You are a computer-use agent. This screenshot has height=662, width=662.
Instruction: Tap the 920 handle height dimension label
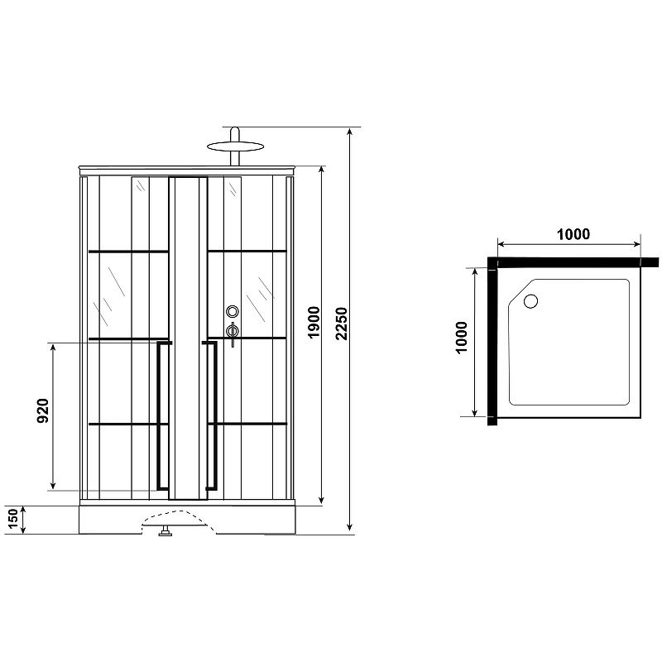[44, 411]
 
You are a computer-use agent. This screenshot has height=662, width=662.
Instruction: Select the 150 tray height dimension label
[12, 520]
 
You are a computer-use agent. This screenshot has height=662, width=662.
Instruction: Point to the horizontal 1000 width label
[573, 234]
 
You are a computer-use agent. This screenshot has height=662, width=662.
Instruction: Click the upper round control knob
[233, 312]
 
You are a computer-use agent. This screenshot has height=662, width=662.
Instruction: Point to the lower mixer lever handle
[234, 333]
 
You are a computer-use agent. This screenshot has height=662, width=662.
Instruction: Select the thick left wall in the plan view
[492, 343]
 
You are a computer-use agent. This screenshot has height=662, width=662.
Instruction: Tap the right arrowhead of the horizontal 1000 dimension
[638, 244]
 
